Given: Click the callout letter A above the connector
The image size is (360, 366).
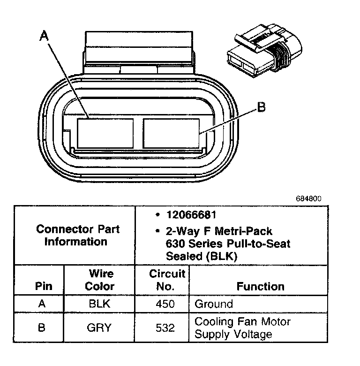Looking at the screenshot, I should pos(45,36).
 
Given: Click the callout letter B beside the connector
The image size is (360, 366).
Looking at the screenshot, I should pos(262,107).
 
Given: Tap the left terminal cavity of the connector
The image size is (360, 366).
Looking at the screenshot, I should pos(105,134).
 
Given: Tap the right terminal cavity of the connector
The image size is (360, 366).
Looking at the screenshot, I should pos(171,134).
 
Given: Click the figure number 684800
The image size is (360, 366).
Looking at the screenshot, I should pos(308,198).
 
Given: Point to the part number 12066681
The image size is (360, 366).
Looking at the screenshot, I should pos(191,215).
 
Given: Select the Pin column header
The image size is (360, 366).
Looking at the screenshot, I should pos(43,286).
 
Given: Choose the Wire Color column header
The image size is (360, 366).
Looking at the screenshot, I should pos(100,280).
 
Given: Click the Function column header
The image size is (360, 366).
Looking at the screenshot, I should pos(260,286).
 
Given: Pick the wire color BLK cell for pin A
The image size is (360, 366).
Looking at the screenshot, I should pos(99,304).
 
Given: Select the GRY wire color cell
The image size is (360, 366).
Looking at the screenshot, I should pos(99,328).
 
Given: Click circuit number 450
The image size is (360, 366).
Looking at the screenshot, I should pos(165,304).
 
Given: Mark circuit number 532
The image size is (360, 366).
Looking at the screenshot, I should pos(165,328).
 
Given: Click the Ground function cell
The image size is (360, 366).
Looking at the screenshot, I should pos(214,304).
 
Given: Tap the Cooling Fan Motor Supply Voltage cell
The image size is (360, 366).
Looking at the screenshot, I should pos(242,328).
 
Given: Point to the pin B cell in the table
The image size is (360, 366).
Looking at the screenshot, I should pos(41,328).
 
